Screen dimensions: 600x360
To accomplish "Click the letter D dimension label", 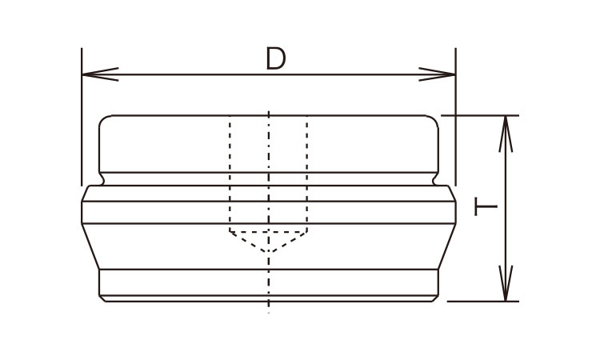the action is click(275, 58).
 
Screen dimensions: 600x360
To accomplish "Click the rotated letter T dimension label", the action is click(486, 206).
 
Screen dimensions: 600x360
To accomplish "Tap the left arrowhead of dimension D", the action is click(100, 74).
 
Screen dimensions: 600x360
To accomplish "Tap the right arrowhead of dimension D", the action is click(437, 74).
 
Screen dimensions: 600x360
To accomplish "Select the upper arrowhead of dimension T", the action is click(506, 134).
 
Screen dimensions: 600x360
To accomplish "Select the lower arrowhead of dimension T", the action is click(506, 283).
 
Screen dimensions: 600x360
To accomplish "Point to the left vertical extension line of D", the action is click(82, 117).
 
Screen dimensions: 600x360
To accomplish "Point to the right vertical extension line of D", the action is click(455, 117).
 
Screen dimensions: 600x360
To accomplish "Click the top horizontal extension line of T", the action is click(480, 115).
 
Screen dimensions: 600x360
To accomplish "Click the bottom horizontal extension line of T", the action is click(483, 302).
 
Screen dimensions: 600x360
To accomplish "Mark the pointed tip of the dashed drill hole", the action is click(269, 252).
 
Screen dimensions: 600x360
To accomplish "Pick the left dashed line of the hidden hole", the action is click(230, 174).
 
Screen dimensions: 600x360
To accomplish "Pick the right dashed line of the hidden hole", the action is click(307, 174).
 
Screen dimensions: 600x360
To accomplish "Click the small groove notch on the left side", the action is click(102, 179).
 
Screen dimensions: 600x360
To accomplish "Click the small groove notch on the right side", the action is click(435, 179).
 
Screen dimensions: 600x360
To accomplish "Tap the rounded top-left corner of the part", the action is click(102, 118).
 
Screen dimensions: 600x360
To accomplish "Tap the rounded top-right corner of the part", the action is click(434, 118).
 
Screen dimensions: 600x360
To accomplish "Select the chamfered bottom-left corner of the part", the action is click(102, 298).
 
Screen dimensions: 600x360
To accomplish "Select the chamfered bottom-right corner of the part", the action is click(435, 298).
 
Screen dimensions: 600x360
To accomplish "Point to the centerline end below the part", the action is click(269, 313).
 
